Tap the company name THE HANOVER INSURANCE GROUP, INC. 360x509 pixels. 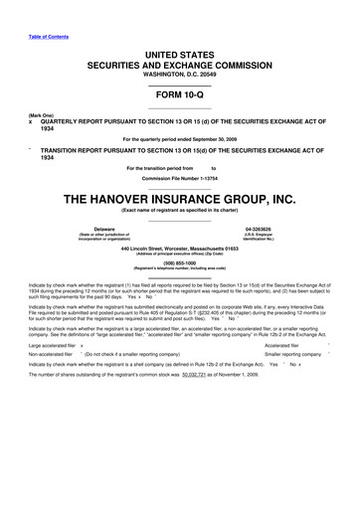click(180, 199)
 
